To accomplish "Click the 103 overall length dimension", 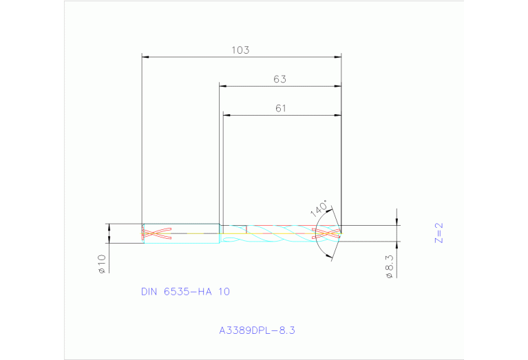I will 240,50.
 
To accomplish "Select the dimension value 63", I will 279,79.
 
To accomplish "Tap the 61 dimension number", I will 280,108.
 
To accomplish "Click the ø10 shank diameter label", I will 101,264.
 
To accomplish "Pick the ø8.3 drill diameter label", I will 390,266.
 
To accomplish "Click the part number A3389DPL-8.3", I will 257,330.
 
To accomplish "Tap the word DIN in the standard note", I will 149,292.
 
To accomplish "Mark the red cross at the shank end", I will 156,234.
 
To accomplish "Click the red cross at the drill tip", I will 327,234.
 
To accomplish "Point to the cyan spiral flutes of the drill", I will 275,234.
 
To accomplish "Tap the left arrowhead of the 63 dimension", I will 222,86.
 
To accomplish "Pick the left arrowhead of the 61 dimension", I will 226,114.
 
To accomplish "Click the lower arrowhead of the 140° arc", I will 330,257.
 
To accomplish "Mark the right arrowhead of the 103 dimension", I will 339,56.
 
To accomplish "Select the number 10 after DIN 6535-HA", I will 224,292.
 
